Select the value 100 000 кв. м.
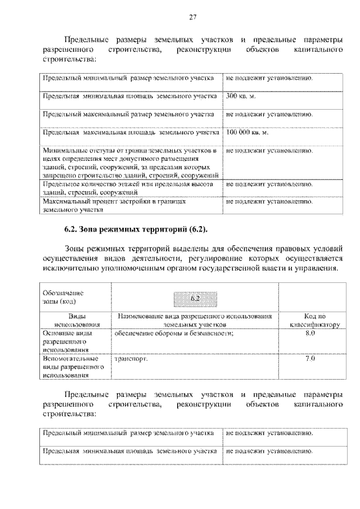click(247, 133)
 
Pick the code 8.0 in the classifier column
click(309, 334)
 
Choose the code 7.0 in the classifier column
click(309, 358)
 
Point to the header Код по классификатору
click(309, 320)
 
